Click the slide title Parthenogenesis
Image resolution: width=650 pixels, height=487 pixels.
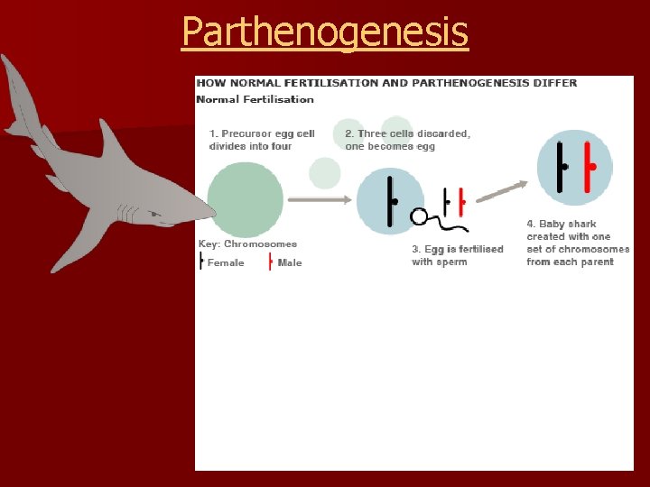click(325, 32)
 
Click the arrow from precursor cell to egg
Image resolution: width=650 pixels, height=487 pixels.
click(319, 198)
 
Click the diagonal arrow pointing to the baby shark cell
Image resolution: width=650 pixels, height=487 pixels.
click(502, 190)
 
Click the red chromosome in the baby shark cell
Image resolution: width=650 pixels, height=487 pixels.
click(587, 167)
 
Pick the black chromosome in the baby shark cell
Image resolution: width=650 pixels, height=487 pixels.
click(561, 167)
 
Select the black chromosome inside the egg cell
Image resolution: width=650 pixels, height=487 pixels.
click(391, 201)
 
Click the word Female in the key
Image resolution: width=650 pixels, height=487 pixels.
click(226, 263)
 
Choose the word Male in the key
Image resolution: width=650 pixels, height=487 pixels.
click(290, 263)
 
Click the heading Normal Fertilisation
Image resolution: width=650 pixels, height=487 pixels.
click(255, 99)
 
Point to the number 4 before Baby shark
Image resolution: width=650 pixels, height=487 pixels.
click(531, 224)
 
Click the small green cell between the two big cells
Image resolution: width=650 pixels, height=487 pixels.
click(325, 172)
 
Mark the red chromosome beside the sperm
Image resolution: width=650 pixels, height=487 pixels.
click(460, 201)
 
